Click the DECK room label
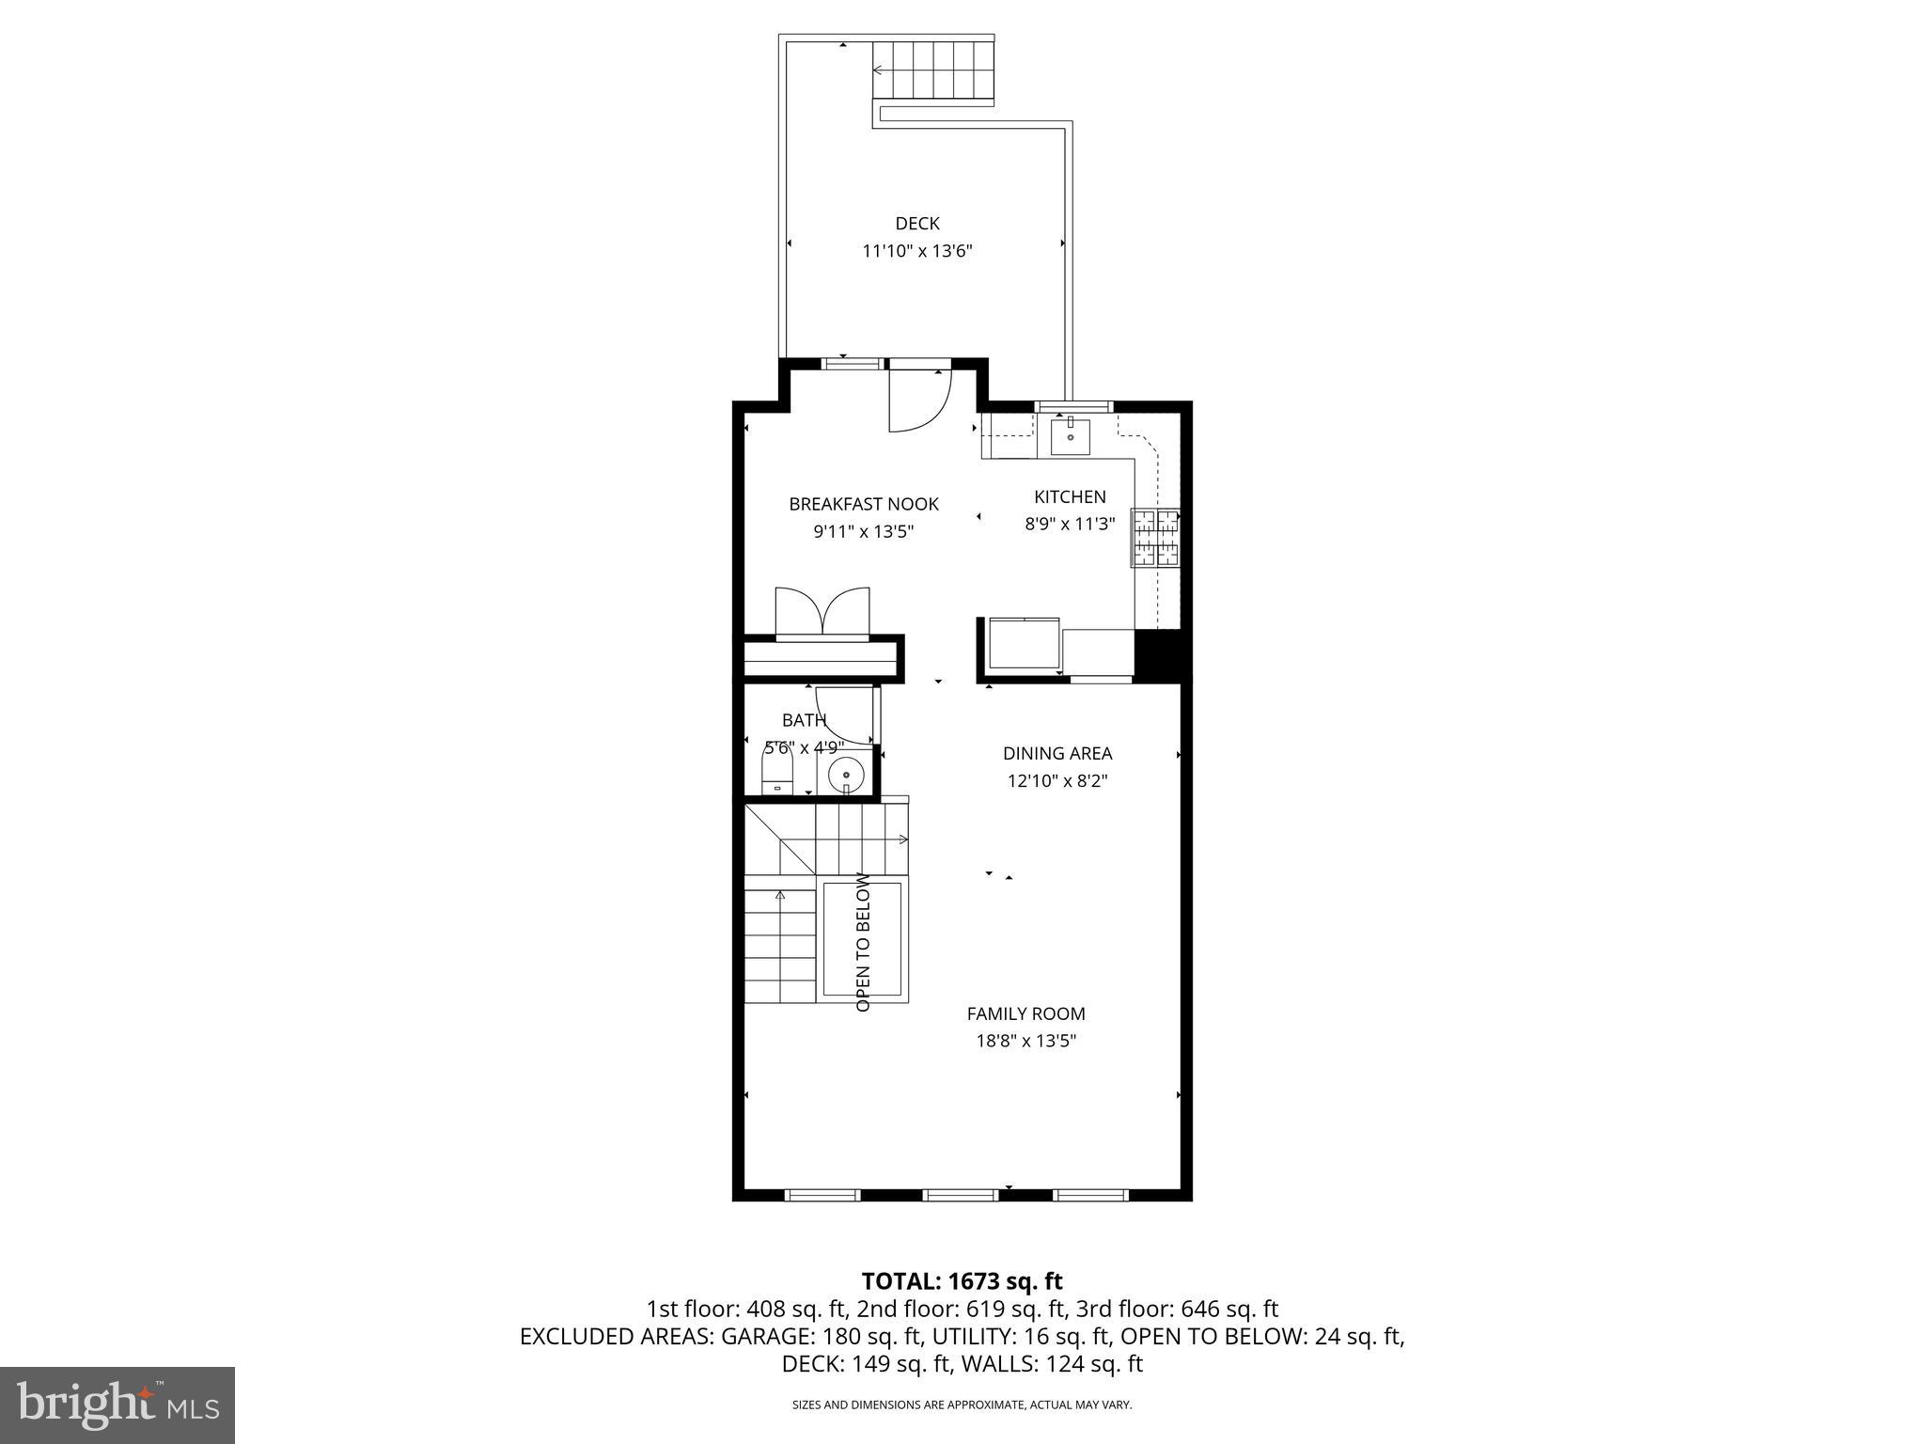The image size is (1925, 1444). pyautogui.click(x=916, y=224)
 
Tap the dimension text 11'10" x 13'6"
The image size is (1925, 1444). pyautogui.click(x=916, y=251)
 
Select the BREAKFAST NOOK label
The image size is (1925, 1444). pyautogui.click(x=864, y=505)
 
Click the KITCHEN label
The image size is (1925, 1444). pyautogui.click(x=1070, y=497)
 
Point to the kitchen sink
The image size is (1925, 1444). pyautogui.click(x=1071, y=437)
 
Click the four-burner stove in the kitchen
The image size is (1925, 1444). pyautogui.click(x=1155, y=538)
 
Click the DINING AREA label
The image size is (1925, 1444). pyautogui.click(x=1057, y=753)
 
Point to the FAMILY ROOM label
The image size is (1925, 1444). pyautogui.click(x=1025, y=1013)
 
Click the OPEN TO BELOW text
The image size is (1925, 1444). pyautogui.click(x=863, y=943)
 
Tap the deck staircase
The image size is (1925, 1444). pyautogui.click(x=933, y=70)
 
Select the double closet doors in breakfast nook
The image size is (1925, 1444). pyautogui.click(x=822, y=613)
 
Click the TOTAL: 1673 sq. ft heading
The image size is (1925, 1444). pyautogui.click(x=962, y=1281)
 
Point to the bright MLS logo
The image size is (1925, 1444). pyautogui.click(x=117, y=1405)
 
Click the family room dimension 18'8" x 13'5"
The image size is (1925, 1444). pyautogui.click(x=1025, y=1041)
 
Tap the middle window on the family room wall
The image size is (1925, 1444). pyautogui.click(x=960, y=1195)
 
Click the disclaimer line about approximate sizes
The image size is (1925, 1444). pyautogui.click(x=962, y=1405)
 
